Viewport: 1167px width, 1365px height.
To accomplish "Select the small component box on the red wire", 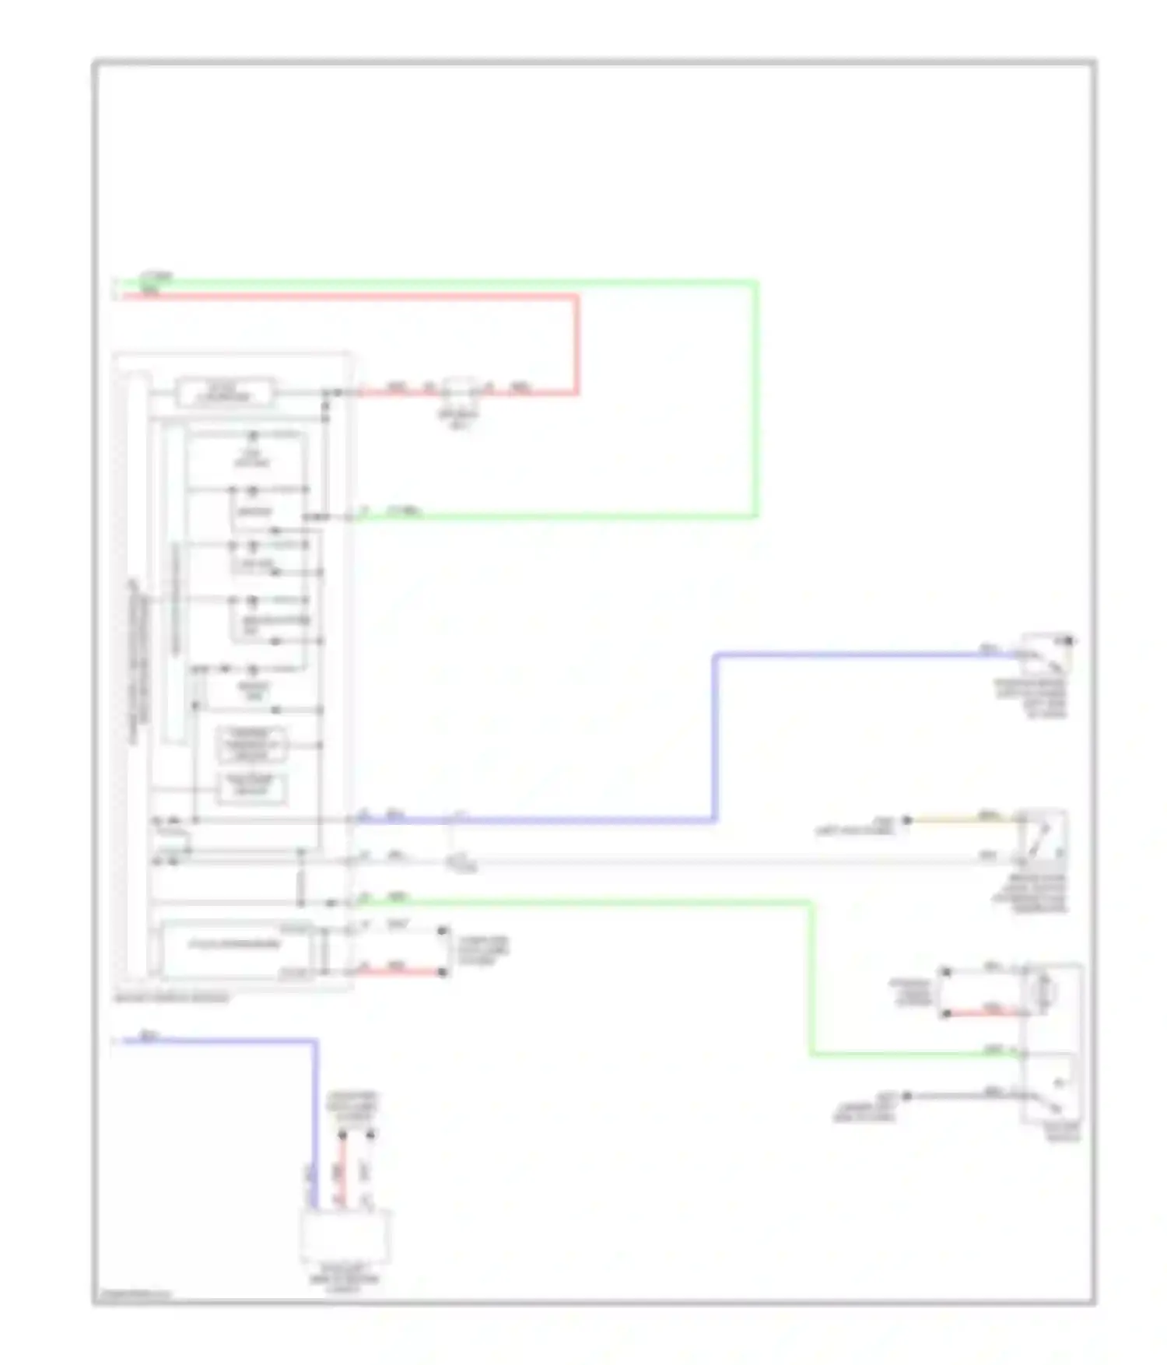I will click(461, 388).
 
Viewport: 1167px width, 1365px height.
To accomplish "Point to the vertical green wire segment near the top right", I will click(755, 397).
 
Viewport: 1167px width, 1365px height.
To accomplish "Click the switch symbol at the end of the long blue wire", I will click(1046, 656).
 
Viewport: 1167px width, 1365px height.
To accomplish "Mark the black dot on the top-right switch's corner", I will click(1070, 640).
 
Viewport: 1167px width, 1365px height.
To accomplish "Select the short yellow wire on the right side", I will click(965, 819).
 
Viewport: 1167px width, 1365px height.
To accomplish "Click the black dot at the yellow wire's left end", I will click(906, 819).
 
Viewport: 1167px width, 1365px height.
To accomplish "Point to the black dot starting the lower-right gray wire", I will click(906, 1096).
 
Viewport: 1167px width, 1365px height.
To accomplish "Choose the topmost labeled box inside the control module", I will click(225, 391).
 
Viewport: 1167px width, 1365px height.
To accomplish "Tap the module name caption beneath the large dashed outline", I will click(172, 998).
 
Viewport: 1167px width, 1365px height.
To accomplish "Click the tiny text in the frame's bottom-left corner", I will click(132, 1296).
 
